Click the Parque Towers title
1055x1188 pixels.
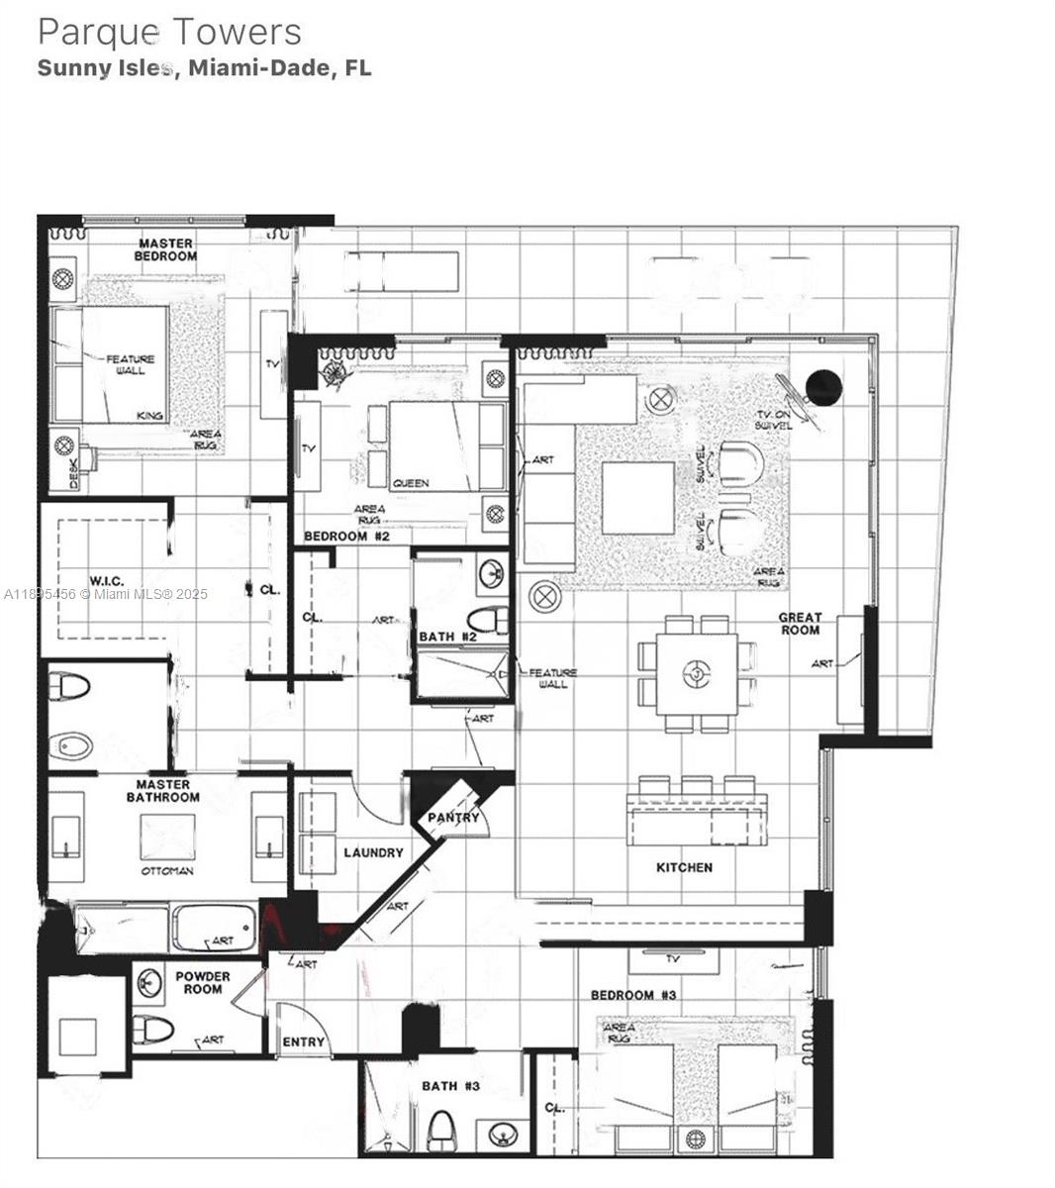[169, 32]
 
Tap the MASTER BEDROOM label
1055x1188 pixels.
[166, 249]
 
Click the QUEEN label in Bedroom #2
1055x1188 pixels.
[411, 483]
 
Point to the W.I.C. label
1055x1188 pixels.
[106, 580]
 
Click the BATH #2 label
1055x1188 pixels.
[447, 637]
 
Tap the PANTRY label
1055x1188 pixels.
[453, 817]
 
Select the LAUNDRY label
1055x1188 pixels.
[373, 852]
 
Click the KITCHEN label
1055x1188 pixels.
[684, 867]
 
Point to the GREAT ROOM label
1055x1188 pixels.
[800, 624]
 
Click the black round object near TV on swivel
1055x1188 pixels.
[822, 387]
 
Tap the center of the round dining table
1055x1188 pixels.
[697, 674]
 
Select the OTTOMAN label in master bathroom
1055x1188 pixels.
[167, 871]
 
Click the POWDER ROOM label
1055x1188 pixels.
[202, 982]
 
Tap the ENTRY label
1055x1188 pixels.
[303, 1041]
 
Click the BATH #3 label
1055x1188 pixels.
[450, 1086]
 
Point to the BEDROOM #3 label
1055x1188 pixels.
[633, 995]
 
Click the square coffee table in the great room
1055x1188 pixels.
[637, 498]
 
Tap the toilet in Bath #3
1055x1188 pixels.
[440, 1129]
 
